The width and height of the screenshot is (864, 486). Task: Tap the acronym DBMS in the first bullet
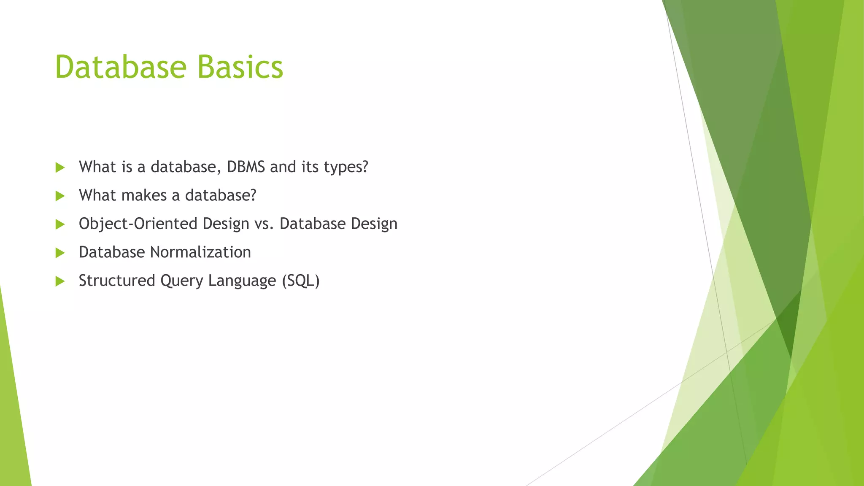[x=246, y=167]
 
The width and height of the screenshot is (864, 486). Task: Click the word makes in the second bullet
[x=144, y=195]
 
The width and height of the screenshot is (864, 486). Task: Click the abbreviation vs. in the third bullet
[x=265, y=224]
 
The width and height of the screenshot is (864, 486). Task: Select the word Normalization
[x=200, y=252]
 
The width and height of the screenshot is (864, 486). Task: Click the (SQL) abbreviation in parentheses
[x=300, y=281]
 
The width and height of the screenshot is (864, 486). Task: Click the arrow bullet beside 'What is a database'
[x=60, y=167]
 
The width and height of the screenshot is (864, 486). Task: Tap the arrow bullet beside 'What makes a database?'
[x=60, y=196]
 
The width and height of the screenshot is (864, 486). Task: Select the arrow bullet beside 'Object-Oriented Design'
[x=60, y=224]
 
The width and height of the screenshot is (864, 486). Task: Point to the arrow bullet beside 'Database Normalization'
[x=60, y=253]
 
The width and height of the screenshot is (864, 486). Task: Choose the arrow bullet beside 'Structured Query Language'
[x=60, y=281]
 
